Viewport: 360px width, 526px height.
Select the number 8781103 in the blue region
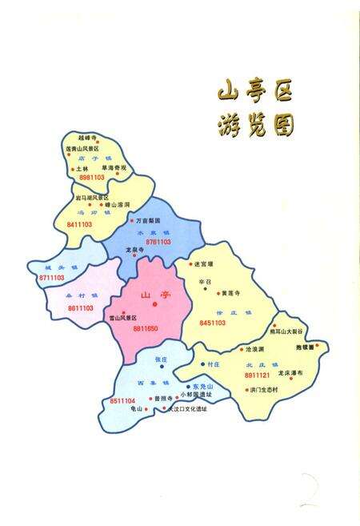click(158, 241)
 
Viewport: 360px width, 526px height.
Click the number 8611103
click(82, 307)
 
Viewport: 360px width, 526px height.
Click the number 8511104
click(123, 400)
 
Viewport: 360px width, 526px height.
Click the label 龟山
click(135, 408)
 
